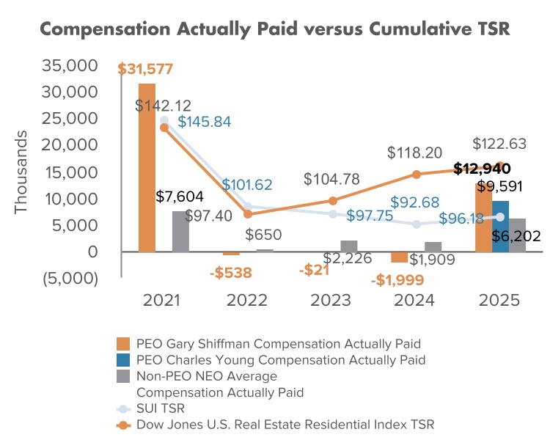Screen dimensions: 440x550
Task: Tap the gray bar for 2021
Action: (x=180, y=231)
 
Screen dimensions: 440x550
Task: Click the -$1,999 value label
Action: (x=397, y=280)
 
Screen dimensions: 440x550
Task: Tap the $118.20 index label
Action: (x=415, y=153)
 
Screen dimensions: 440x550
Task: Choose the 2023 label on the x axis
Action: (x=331, y=301)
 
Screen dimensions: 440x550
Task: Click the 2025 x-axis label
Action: (x=499, y=301)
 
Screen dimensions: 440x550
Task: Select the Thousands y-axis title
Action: (x=21, y=172)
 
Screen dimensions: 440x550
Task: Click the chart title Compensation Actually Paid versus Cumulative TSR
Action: (x=274, y=29)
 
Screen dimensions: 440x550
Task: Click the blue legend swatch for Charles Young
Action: (x=124, y=360)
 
